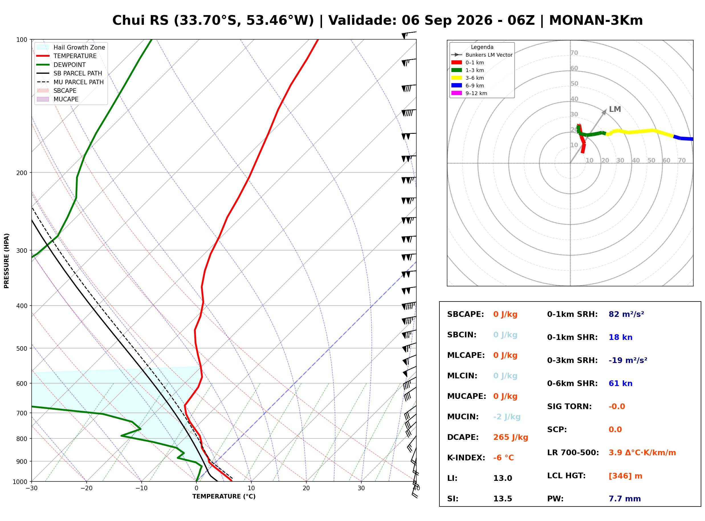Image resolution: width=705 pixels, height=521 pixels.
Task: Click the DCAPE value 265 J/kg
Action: point(511,437)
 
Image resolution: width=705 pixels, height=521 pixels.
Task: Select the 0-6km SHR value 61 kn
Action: point(620,383)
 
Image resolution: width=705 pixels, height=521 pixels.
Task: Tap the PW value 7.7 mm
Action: point(625,499)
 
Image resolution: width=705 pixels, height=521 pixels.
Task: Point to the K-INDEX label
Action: point(466,458)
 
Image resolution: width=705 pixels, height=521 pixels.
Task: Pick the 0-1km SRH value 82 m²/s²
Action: point(626,314)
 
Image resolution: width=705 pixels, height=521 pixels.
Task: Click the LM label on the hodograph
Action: point(615,109)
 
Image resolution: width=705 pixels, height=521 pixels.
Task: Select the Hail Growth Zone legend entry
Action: point(71,47)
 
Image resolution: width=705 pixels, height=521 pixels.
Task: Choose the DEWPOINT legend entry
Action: point(61,65)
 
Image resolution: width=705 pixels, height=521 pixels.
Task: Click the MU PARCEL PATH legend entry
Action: point(70,82)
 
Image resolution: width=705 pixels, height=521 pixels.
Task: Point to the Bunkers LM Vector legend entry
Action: point(482,55)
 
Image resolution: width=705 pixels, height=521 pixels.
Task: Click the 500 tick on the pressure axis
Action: point(22,348)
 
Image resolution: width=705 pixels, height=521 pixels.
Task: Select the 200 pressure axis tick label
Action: point(22,173)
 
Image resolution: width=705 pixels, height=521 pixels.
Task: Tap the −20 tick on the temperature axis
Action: point(86,488)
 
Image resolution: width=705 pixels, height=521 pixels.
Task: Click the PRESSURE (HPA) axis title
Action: point(7,261)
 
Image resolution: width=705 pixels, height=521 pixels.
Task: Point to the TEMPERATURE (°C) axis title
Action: point(224,497)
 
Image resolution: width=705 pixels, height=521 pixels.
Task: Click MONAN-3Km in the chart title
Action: point(596,20)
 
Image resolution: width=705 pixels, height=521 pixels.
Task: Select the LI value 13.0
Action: point(503,478)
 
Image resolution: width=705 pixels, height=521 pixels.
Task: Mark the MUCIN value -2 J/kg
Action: point(507,417)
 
